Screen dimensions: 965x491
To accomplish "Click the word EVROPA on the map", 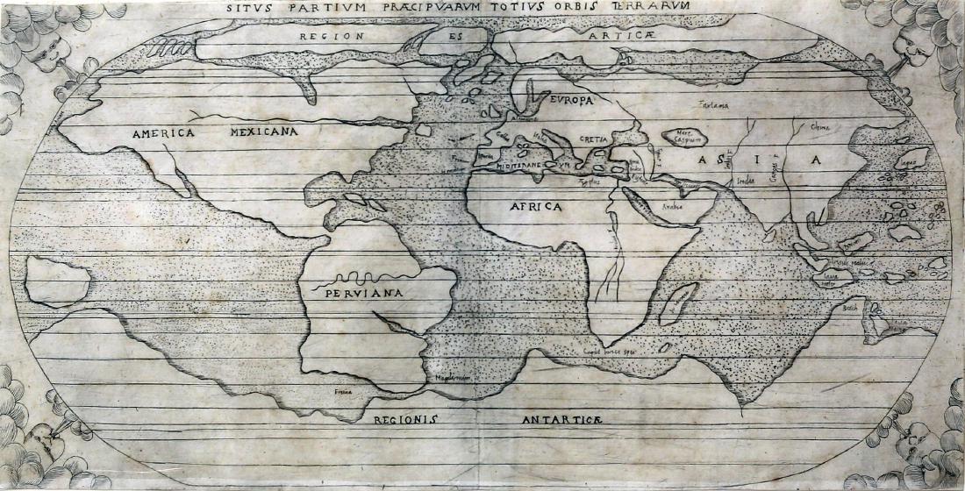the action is pyautogui.click(x=573, y=101).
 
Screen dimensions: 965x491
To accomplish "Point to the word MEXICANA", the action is pyautogui.click(x=263, y=132).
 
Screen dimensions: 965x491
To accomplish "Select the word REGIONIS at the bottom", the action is pyautogui.click(x=404, y=419).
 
